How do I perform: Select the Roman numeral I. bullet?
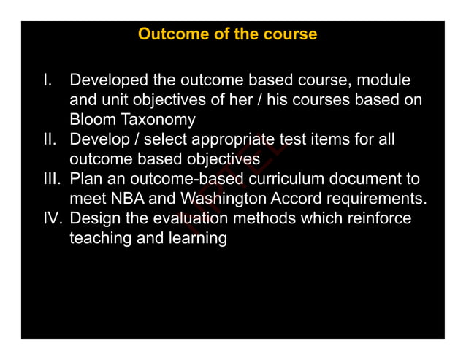(48, 80)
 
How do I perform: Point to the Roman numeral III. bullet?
(51, 179)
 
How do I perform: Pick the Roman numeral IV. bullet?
(51, 218)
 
